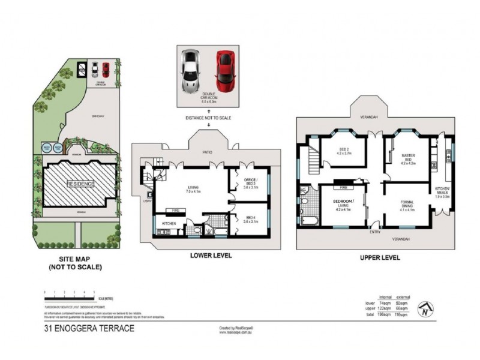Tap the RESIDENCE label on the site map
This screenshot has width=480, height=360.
pyautogui.click(x=80, y=184)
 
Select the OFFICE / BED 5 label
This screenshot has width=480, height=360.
pyautogui.click(x=251, y=182)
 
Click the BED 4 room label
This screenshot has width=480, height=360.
pyautogui.click(x=251, y=219)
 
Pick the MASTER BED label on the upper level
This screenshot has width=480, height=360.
pyautogui.click(x=409, y=157)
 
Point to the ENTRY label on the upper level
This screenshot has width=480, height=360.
pyautogui.click(x=375, y=232)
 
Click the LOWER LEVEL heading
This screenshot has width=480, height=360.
pyautogui.click(x=211, y=255)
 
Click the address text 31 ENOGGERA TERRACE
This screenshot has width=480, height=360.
pyautogui.click(x=89, y=328)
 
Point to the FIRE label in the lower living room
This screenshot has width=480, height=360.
pyautogui.click(x=177, y=211)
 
